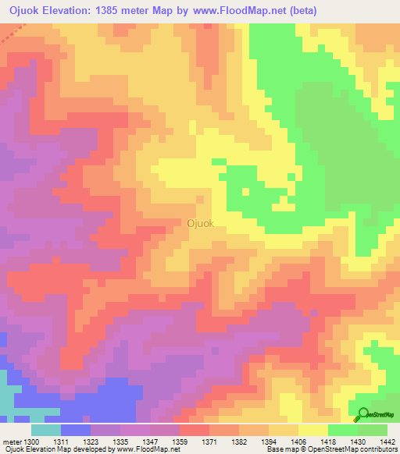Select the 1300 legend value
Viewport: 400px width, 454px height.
point(33,442)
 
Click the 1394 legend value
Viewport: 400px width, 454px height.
point(268,442)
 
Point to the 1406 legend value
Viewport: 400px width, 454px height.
point(298,442)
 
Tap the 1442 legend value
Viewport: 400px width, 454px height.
point(385,442)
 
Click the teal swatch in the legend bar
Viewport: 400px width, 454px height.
point(45,430)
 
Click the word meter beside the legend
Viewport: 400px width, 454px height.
point(13,442)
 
